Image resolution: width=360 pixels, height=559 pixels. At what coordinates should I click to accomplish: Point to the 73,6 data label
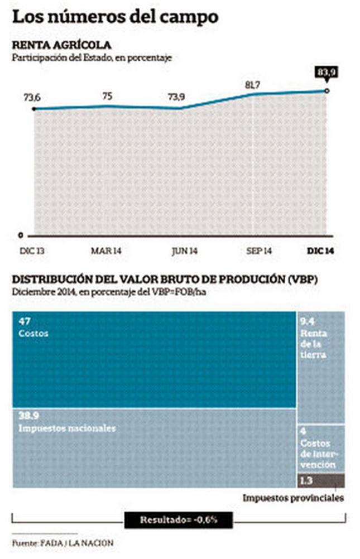[32, 98]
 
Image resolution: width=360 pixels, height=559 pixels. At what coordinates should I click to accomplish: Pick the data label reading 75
[108, 96]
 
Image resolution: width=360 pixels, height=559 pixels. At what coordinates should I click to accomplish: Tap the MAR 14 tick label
[106, 252]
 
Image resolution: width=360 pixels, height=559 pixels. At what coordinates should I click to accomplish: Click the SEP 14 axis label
[258, 252]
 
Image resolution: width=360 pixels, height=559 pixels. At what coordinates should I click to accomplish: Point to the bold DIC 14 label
[321, 252]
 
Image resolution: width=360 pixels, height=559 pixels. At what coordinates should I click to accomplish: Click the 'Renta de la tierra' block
[320, 366]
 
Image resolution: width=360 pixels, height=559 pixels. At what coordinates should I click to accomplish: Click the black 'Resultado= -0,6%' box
[178, 521]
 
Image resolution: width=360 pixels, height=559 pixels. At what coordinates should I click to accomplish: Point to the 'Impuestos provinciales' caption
[293, 498]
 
